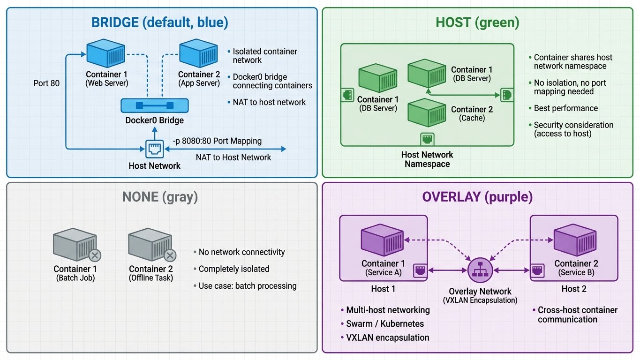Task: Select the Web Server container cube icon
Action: [105, 53]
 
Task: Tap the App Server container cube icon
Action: [198, 53]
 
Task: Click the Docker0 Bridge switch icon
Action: [155, 105]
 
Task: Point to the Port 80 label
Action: [46, 83]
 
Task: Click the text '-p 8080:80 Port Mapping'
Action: [217, 141]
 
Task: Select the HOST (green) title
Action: [477, 22]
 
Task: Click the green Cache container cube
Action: [426, 111]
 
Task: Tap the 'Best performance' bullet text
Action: [565, 108]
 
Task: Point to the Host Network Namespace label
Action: [427, 159]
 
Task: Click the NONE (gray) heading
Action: [160, 197]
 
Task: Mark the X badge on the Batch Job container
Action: [95, 255]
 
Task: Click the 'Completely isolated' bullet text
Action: [233, 269]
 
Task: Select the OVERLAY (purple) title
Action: [477, 197]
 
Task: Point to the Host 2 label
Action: [574, 289]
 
